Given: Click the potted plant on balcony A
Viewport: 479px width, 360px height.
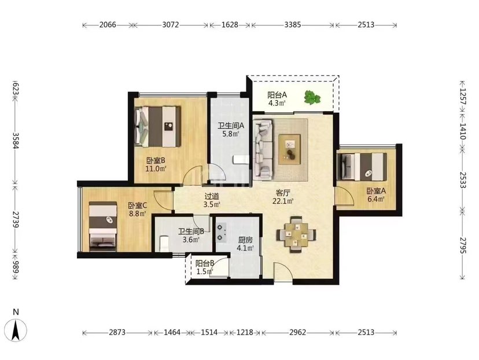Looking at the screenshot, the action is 312,98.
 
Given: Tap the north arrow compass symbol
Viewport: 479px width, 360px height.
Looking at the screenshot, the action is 16,330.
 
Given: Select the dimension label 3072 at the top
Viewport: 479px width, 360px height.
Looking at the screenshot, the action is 170,25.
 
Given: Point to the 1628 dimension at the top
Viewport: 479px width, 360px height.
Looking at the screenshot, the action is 230,25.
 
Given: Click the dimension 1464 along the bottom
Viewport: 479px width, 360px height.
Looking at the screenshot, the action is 172,332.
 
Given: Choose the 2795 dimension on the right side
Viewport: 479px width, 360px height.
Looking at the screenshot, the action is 462,245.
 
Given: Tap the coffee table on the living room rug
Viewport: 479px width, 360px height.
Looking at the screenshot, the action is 289,149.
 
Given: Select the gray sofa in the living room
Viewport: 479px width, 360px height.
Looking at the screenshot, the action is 263,149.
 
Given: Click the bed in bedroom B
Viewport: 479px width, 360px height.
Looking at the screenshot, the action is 157,126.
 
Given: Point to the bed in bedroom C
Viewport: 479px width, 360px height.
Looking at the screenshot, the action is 103,226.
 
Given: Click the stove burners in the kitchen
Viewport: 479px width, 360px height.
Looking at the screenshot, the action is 221,232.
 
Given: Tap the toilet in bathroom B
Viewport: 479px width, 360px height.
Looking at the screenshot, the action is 165,243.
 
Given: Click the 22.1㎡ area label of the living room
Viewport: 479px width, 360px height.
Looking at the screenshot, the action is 283,201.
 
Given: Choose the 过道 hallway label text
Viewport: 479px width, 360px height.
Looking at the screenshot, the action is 212,197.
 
